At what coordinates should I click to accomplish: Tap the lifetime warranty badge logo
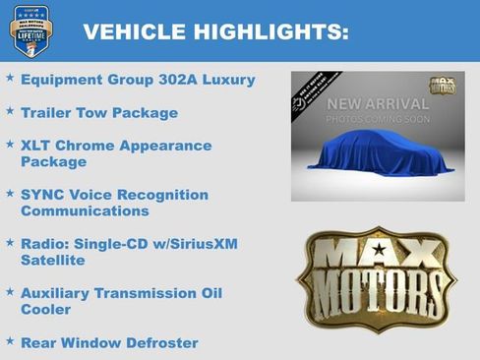30,30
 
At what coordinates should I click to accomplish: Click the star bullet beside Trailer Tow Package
10,111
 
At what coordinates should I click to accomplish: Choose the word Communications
85,210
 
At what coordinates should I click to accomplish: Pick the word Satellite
52,260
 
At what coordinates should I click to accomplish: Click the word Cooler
45,309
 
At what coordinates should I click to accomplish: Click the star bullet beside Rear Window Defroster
10,340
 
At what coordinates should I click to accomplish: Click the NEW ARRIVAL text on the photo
378,104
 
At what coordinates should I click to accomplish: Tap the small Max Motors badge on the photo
442,87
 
